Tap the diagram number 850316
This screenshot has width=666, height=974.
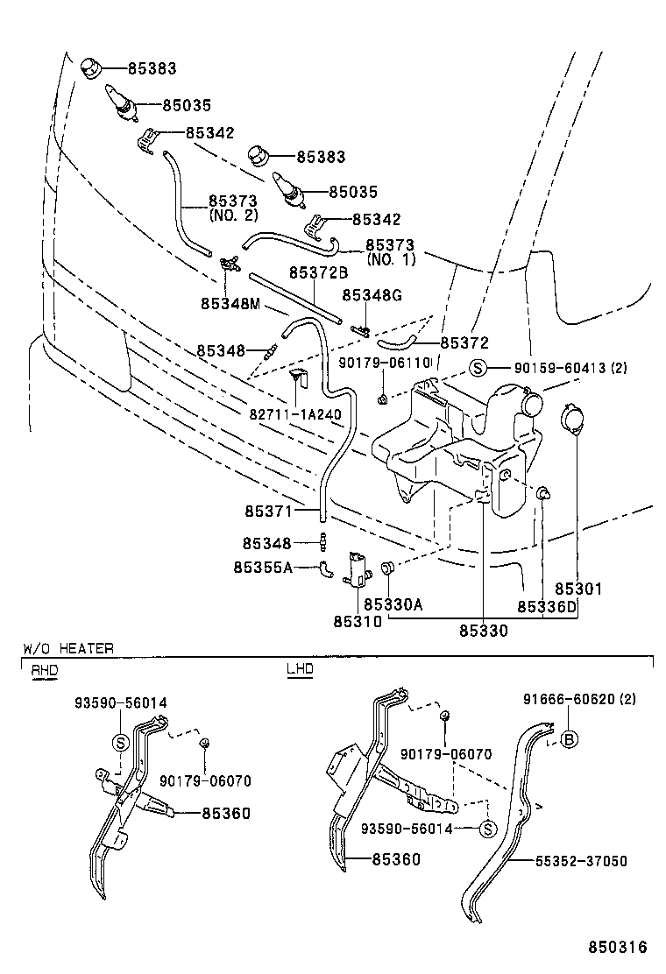(x=618, y=947)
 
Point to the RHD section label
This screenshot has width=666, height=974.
(x=43, y=670)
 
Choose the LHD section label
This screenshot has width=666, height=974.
(x=299, y=670)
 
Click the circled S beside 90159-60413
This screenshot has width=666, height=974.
(x=477, y=368)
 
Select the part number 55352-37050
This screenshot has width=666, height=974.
(x=581, y=861)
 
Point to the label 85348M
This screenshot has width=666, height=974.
(x=230, y=303)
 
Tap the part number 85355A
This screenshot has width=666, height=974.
(x=263, y=567)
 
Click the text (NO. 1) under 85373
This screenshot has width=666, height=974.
(x=390, y=260)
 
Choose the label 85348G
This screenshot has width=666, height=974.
(x=372, y=295)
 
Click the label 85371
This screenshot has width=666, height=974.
(x=270, y=509)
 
